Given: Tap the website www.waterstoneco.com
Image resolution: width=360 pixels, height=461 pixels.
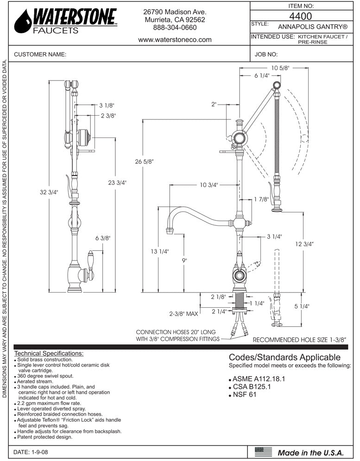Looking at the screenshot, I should click(175, 40).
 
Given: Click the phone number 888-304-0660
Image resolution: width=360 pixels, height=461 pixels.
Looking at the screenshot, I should click(175, 28).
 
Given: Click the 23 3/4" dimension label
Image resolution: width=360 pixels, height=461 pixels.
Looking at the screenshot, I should click(117, 183).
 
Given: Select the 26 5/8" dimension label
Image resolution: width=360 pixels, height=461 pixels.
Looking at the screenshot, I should click(145, 162).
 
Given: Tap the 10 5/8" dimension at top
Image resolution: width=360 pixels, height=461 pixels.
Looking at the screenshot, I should click(280, 68).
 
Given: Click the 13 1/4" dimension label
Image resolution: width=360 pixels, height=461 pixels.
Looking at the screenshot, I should click(159, 251).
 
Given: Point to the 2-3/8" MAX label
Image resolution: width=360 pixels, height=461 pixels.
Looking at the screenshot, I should click(183, 314).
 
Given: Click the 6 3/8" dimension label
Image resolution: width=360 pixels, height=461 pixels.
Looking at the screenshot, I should click(103, 238).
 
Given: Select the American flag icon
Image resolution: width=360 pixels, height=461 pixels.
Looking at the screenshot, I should click(264, 451).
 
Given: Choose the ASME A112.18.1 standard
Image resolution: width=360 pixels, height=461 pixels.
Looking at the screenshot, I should click(258, 378).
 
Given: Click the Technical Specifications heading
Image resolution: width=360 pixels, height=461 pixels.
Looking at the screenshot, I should click(49, 353).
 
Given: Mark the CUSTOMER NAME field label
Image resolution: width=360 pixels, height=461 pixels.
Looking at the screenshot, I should click(40, 54).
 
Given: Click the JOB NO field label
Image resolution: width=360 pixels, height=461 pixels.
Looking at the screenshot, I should click(266, 54).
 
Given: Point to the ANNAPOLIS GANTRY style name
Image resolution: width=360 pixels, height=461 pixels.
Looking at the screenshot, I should click(313, 27).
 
